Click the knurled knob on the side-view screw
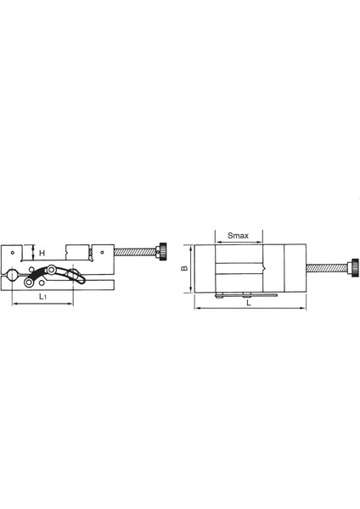click(x=162, y=252)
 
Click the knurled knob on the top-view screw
click(x=352, y=268)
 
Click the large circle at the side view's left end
click(x=13, y=272)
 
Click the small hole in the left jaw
click(x=14, y=252)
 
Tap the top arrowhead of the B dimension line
click(x=191, y=246)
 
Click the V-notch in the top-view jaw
click(x=266, y=268)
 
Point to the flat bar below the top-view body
click(x=246, y=294)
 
